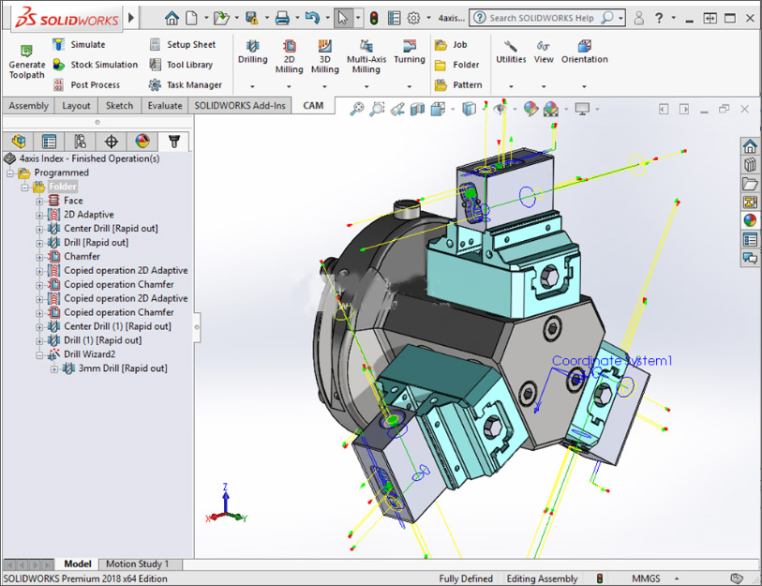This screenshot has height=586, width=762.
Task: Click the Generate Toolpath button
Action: click(26, 62)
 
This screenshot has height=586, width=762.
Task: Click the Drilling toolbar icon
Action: click(252, 52)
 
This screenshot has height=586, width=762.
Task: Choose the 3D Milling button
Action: click(324, 56)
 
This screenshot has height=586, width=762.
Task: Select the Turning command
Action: click(409, 52)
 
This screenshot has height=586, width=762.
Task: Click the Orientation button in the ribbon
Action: click(584, 52)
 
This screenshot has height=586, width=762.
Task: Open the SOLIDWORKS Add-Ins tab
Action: click(240, 106)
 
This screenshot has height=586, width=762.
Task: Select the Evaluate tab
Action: click(165, 106)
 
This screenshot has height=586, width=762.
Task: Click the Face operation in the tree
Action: click(72, 201)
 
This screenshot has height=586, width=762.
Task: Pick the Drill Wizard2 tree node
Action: click(89, 354)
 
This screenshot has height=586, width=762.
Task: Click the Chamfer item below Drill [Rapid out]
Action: click(82, 256)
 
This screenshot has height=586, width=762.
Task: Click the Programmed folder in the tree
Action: click(61, 173)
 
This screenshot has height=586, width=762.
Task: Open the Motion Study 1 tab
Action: click(137, 564)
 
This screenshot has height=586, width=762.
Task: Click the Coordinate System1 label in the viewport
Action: click(611, 361)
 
